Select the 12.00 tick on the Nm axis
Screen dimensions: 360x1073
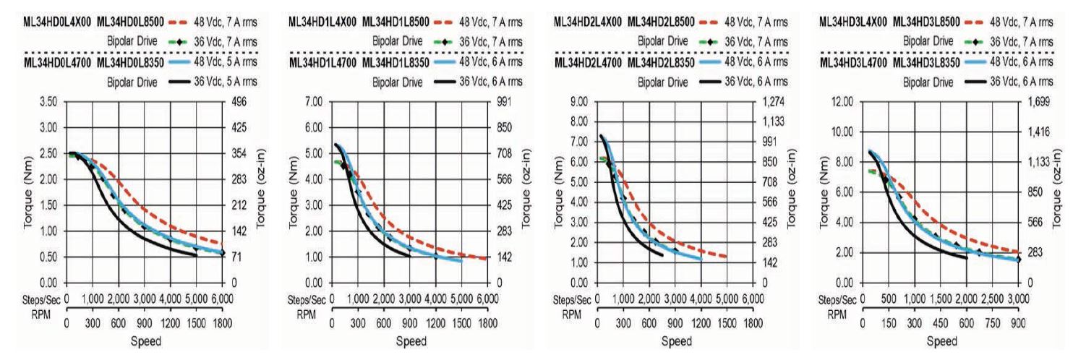click(x=842, y=102)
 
